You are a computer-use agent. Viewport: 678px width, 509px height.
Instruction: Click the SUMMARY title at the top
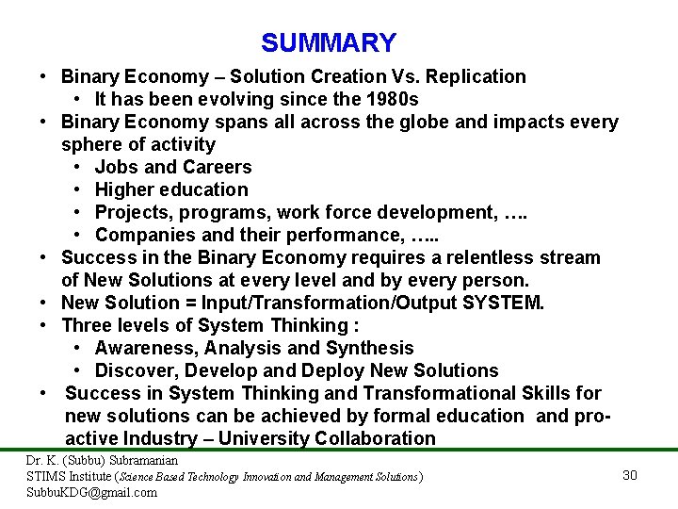(x=329, y=43)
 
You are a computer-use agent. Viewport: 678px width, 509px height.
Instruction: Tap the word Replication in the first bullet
(x=475, y=76)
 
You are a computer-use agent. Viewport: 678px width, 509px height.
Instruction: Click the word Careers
(x=218, y=167)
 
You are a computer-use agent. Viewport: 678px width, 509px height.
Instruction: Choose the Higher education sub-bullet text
(x=171, y=189)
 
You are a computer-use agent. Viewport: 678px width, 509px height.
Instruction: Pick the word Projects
(x=133, y=212)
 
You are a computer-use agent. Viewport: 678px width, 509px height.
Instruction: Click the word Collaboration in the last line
(x=376, y=438)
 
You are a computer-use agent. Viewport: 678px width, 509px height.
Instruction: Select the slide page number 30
(x=630, y=475)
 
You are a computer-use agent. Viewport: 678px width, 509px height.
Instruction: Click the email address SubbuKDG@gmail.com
(x=91, y=492)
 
